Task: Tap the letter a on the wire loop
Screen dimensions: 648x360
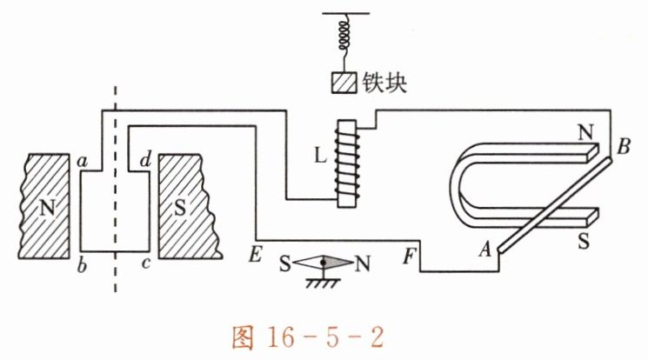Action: click(x=83, y=160)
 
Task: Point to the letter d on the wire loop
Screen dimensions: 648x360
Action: click(x=145, y=160)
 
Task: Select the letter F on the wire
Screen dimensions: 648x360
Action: click(x=409, y=257)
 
